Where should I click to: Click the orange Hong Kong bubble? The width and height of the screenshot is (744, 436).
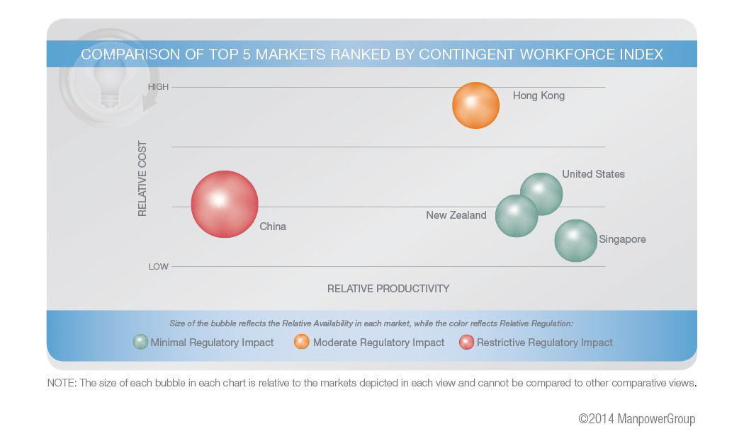pyautogui.click(x=475, y=105)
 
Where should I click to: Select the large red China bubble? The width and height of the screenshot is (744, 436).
pyautogui.click(x=225, y=204)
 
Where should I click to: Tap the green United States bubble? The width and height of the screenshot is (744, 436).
pyautogui.click(x=541, y=193)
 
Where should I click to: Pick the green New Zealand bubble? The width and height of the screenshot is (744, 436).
pyautogui.click(x=516, y=216)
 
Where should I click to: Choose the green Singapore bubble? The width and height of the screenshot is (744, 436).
pyautogui.click(x=575, y=241)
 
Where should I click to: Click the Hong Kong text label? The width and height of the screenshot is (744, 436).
pyautogui.click(x=539, y=96)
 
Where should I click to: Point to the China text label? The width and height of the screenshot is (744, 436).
pyautogui.click(x=273, y=226)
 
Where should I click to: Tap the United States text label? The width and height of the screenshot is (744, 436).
pyautogui.click(x=593, y=174)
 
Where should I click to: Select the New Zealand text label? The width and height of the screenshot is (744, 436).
pyautogui.click(x=456, y=215)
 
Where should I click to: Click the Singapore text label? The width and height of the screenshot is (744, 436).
pyautogui.click(x=622, y=239)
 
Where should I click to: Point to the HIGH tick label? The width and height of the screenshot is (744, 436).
pyautogui.click(x=158, y=87)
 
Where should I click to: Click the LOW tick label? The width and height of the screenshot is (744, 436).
pyautogui.click(x=158, y=267)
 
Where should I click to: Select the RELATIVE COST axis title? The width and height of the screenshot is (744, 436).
pyautogui.click(x=142, y=178)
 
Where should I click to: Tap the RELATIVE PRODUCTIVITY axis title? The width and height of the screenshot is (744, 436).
pyautogui.click(x=388, y=289)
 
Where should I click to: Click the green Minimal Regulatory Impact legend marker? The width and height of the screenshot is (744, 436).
pyautogui.click(x=140, y=342)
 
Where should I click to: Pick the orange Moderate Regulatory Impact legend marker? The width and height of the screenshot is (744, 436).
pyautogui.click(x=302, y=342)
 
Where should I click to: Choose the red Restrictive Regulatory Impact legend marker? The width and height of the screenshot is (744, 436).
pyautogui.click(x=466, y=342)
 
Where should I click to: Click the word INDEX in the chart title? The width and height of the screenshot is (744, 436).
pyautogui.click(x=637, y=54)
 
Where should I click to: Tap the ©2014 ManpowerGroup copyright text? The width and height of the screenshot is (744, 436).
pyautogui.click(x=636, y=419)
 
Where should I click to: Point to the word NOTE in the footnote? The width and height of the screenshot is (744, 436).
pyautogui.click(x=60, y=383)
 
